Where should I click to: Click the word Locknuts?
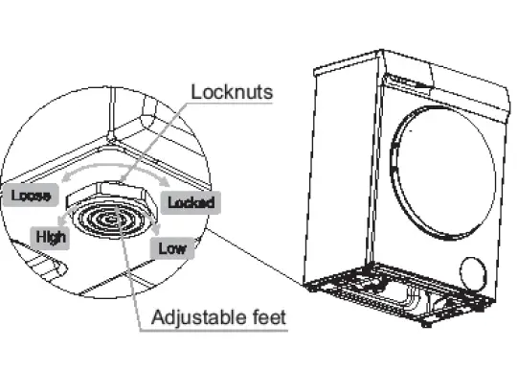[x=233, y=93]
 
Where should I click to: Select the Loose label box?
[x=32, y=198]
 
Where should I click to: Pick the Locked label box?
[x=191, y=202]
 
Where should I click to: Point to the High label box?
[x=50, y=236]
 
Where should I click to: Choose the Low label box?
[x=172, y=249]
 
